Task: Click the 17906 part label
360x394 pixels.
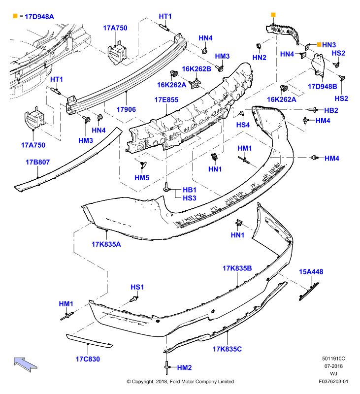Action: (126, 109)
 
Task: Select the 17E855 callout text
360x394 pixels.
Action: (166, 100)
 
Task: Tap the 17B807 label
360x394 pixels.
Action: (38, 162)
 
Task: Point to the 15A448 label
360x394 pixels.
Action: (311, 272)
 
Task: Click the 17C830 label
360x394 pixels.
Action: (88, 359)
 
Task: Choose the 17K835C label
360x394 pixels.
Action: (227, 349)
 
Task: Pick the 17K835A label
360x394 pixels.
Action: (106, 244)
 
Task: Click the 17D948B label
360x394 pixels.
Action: (323, 87)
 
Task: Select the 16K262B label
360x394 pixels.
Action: (196, 69)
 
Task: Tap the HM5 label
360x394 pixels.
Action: (142, 178)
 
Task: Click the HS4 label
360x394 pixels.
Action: (243, 125)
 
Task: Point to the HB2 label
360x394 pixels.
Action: (331, 110)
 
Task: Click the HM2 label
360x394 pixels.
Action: (184, 367)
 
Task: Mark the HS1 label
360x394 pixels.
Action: (137, 287)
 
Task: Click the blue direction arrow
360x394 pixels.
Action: (26, 364)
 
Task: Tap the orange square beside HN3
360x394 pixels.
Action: (319, 44)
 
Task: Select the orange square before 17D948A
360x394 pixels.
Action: (15, 16)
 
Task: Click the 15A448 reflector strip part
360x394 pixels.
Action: (309, 292)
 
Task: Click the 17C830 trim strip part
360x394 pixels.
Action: (89, 341)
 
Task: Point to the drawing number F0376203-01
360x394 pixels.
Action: (333, 381)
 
